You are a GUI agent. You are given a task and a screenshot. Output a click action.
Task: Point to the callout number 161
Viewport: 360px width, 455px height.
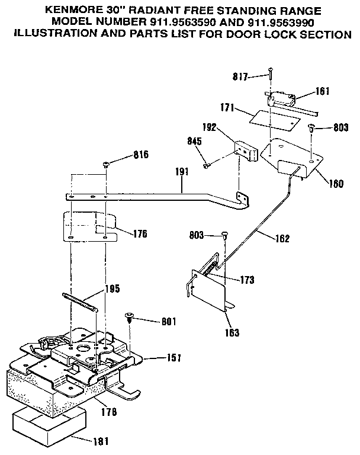(323, 91)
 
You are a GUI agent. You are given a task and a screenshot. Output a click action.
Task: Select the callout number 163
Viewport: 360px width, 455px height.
(232, 332)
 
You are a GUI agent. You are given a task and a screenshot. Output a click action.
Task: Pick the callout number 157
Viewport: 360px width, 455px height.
(173, 358)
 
